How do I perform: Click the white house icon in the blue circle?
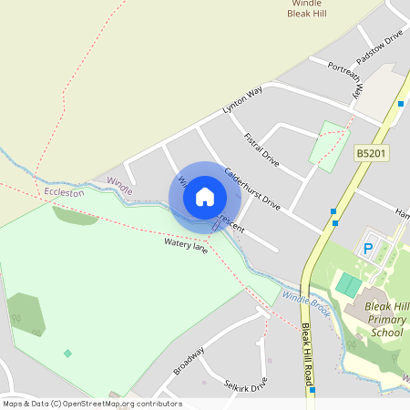click(x=205, y=196)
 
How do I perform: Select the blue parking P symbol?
click(x=369, y=248)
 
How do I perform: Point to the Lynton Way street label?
click(x=242, y=100)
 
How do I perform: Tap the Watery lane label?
click(x=186, y=245)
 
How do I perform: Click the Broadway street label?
click(x=190, y=360)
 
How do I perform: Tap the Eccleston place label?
click(x=63, y=193)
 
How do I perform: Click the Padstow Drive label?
click(x=379, y=46)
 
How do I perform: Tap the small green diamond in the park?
click(x=67, y=353)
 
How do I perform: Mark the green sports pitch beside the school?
click(x=347, y=285)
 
